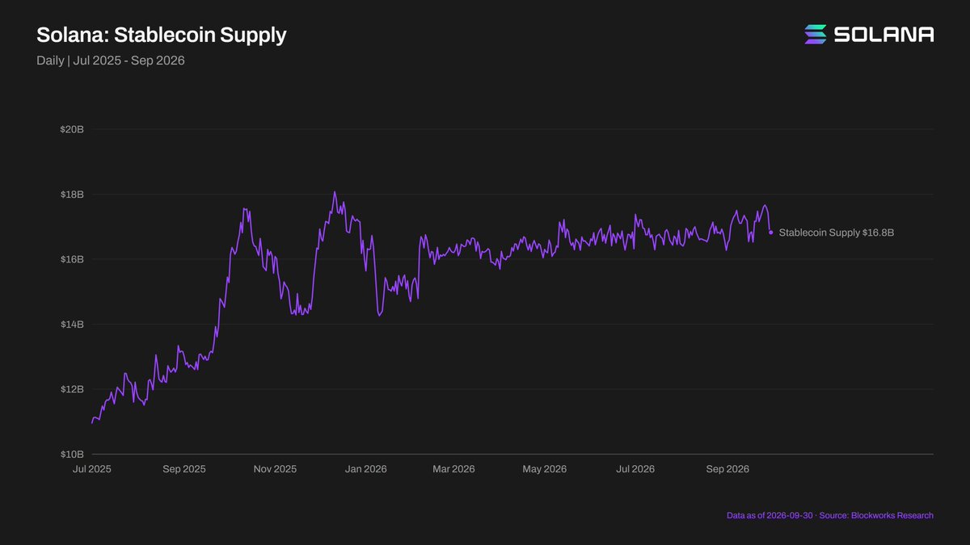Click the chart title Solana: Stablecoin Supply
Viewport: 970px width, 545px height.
162,35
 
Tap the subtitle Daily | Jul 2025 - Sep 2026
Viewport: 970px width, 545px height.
111,61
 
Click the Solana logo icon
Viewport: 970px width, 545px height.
816,34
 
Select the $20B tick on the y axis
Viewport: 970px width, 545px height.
72,129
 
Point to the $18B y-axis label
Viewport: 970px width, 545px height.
72,195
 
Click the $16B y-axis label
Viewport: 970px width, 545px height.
72,259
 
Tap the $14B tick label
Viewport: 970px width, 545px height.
72,325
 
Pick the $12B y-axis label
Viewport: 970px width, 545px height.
72,389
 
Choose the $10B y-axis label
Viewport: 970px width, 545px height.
72,454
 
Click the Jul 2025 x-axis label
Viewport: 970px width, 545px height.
92,469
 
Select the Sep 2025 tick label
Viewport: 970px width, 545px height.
184,469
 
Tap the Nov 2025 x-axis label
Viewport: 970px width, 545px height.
275,469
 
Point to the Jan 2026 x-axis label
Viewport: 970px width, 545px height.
366,469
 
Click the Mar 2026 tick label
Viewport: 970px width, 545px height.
453,469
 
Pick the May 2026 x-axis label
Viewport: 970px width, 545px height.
544,469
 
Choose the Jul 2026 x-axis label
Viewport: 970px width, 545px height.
635,469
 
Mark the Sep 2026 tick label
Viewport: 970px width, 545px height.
727,469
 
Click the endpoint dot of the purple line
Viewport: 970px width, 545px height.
771,233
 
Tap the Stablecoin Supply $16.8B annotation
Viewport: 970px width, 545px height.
836,233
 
